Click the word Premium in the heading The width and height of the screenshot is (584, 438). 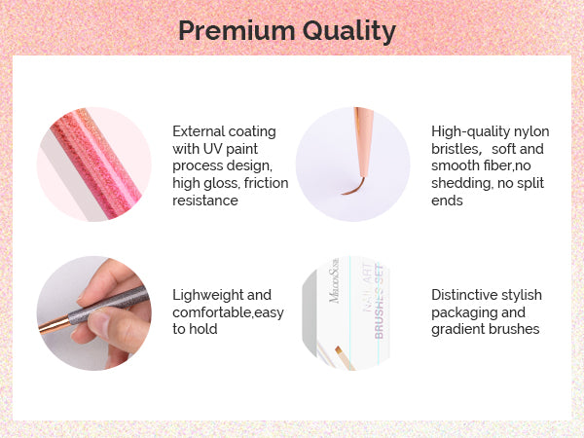[x=237, y=30]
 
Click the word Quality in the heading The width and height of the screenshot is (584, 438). [x=349, y=32]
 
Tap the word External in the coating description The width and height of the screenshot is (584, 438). [x=198, y=131]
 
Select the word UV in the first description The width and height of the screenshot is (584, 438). [x=212, y=149]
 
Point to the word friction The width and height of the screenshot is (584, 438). [x=267, y=183]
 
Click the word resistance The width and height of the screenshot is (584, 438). [x=205, y=201]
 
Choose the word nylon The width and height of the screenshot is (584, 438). [x=531, y=132]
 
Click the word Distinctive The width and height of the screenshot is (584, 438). [x=463, y=295]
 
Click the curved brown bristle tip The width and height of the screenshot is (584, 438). [x=353, y=187]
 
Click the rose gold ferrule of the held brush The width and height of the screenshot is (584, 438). [x=55, y=325]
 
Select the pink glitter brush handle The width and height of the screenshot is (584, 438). [x=96, y=164]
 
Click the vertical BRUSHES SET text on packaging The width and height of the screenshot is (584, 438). [x=379, y=301]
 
